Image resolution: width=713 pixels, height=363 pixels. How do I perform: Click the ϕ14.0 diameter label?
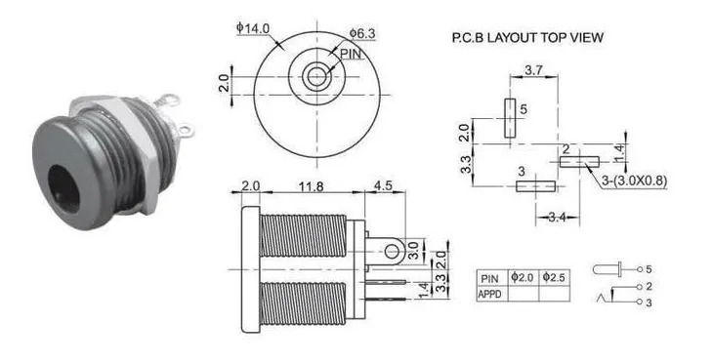[x=253, y=28]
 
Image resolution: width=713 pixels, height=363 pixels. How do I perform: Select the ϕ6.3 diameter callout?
[x=363, y=33]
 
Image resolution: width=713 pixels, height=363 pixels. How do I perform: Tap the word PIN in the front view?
[x=351, y=54]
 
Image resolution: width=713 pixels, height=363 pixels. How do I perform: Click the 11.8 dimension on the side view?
[x=312, y=186]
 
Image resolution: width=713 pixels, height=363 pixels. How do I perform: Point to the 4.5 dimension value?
[x=383, y=185]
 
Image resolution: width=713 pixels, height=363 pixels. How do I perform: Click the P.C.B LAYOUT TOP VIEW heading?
[x=527, y=38]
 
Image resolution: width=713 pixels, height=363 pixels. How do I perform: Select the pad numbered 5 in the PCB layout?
[x=510, y=118]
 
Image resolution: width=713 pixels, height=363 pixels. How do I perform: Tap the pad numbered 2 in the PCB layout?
[x=579, y=162]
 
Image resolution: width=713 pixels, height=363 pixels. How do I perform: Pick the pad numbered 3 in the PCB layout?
[x=535, y=185]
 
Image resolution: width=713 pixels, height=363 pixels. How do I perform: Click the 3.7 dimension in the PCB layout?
[x=534, y=70]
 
